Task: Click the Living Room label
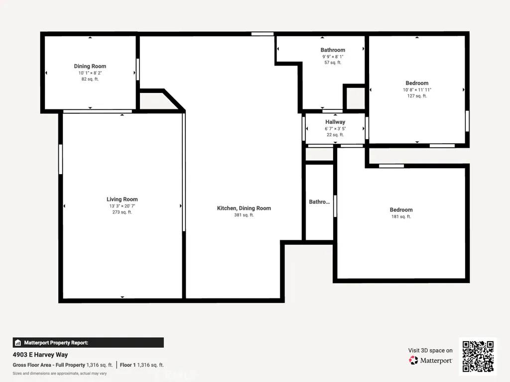pyautogui.click(x=122, y=199)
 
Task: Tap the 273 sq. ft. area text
pyautogui.click(x=122, y=212)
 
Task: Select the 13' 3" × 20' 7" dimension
pyautogui.click(x=122, y=206)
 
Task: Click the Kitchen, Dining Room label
pyautogui.click(x=244, y=208)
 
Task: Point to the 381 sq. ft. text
pyautogui.click(x=244, y=215)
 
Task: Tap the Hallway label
pyautogui.click(x=335, y=122)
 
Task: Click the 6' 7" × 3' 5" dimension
pyautogui.click(x=335, y=128)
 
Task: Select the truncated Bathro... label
pyautogui.click(x=319, y=202)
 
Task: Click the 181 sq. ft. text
pyautogui.click(x=401, y=216)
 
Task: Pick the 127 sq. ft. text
pyautogui.click(x=417, y=96)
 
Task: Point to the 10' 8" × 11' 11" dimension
pyautogui.click(x=417, y=90)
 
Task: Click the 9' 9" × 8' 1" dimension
pyautogui.click(x=333, y=57)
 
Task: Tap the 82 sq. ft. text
pyautogui.click(x=90, y=79)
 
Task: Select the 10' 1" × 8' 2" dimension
pyautogui.click(x=90, y=73)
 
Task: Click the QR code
pyautogui.click(x=478, y=357)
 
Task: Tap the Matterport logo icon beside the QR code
pyautogui.click(x=413, y=360)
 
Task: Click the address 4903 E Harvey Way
pyautogui.click(x=40, y=355)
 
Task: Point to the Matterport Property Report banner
pyautogui.click(x=88, y=343)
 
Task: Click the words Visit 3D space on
pyautogui.click(x=430, y=350)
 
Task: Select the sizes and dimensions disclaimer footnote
pyautogui.click(x=60, y=373)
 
